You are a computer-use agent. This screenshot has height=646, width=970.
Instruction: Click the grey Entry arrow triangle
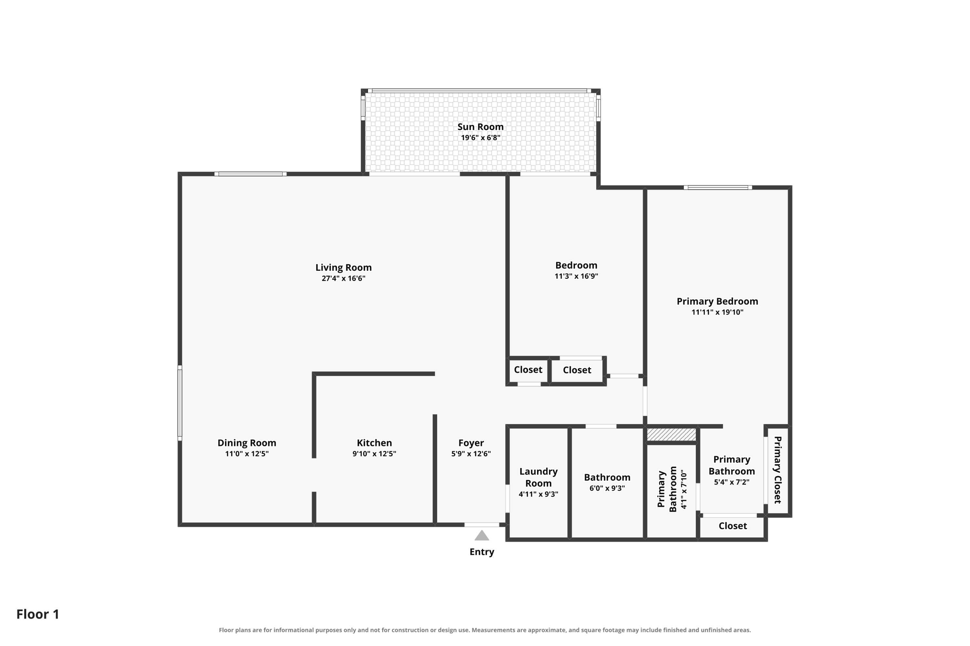[482, 536]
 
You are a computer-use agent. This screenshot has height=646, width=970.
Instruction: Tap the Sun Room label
[480, 127]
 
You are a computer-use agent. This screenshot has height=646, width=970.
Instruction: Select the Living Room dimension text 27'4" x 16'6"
[343, 278]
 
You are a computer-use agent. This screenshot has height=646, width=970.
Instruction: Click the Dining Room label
[247, 443]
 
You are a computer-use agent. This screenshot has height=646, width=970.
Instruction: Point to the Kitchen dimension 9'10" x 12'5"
[374, 454]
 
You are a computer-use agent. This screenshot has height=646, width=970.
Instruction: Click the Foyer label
[471, 443]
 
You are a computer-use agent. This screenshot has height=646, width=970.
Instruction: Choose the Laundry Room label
[539, 477]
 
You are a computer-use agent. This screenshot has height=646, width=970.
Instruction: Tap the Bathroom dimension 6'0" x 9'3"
[607, 488]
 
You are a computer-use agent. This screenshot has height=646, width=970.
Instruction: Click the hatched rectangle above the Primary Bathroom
[672, 434]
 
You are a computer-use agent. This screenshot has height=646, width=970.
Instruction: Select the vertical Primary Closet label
[777, 470]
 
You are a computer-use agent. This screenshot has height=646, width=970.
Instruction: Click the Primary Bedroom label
[717, 301]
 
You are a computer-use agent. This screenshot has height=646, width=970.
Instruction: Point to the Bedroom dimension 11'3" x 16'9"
[576, 276]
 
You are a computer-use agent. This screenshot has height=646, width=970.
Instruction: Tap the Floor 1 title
[38, 614]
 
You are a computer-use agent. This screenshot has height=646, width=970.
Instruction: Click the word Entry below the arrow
[482, 552]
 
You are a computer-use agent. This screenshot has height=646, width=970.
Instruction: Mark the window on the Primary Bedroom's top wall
[718, 187]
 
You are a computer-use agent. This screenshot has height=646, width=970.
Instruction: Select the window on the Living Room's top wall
[251, 174]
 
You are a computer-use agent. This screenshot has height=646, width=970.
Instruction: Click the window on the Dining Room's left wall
[180, 403]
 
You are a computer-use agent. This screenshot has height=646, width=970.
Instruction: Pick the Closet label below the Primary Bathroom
[733, 526]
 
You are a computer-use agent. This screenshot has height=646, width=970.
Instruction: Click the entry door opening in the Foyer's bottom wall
[482, 525]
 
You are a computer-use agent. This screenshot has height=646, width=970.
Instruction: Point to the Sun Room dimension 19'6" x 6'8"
[481, 138]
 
